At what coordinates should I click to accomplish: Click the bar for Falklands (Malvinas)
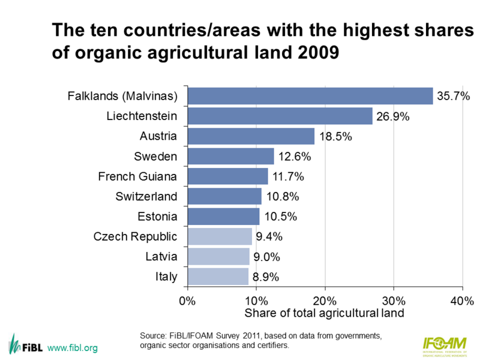(x=310, y=96)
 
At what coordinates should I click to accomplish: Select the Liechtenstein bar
(x=280, y=116)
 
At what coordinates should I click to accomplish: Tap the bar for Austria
(x=251, y=136)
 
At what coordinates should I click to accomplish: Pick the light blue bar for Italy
(x=218, y=277)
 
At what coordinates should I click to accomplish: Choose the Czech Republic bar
(x=220, y=236)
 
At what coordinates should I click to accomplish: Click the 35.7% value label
(x=453, y=96)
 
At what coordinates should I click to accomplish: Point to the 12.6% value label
(x=293, y=157)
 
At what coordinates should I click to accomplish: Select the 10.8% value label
(x=281, y=197)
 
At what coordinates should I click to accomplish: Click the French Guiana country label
(x=137, y=176)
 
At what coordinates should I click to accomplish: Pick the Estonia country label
(x=158, y=217)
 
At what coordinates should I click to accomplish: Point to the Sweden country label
(x=156, y=157)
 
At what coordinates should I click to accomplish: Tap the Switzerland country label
(x=147, y=197)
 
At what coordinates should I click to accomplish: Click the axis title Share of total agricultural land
(x=324, y=313)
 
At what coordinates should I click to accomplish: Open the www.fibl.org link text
(x=72, y=348)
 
